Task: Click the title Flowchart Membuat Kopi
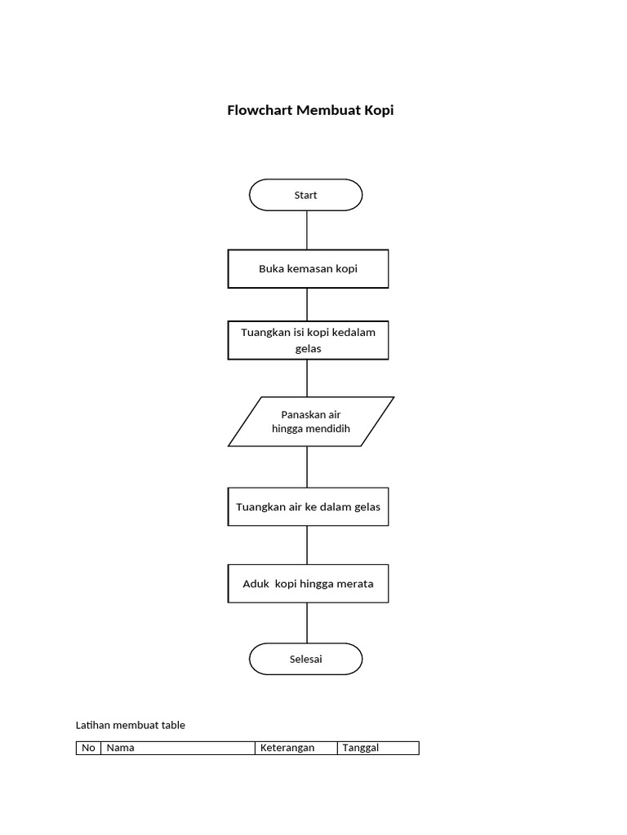(310, 110)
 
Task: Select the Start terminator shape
(305, 195)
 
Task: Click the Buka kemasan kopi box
(308, 269)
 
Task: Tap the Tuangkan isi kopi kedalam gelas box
(308, 340)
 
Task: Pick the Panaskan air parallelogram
(310, 422)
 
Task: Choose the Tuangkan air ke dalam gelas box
(308, 506)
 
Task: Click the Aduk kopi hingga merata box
(308, 583)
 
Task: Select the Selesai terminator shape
(305, 659)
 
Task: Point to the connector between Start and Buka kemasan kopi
(307, 230)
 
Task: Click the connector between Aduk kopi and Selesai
(307, 623)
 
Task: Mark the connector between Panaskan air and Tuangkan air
(307, 466)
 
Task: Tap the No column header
(88, 748)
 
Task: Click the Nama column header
(177, 748)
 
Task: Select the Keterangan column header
(296, 748)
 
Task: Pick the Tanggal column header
(377, 748)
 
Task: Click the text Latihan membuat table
(130, 724)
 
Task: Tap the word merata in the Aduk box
(353, 583)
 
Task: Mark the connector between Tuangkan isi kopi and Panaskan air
(307, 378)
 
